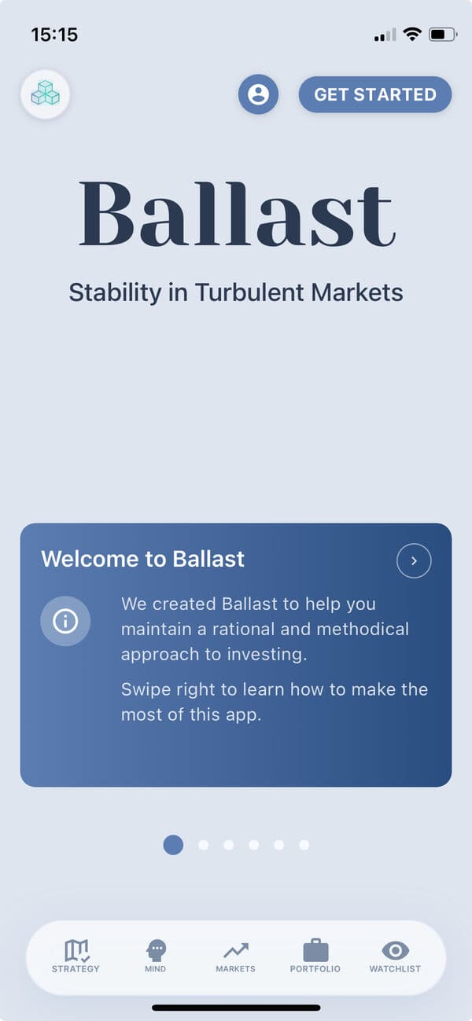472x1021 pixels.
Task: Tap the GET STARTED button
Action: [x=374, y=94]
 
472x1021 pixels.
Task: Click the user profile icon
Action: [x=258, y=94]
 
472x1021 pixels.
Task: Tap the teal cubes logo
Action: [x=45, y=94]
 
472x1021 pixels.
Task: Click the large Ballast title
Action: [x=236, y=214]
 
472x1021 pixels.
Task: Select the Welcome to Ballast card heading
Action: [x=142, y=559]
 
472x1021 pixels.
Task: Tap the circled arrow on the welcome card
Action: [x=414, y=561]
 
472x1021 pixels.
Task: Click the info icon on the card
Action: [x=65, y=621]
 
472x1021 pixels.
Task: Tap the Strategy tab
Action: [x=76, y=957]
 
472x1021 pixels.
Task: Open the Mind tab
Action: [x=156, y=957]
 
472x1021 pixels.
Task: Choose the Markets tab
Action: [x=235, y=957]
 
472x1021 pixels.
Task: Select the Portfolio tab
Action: [x=315, y=957]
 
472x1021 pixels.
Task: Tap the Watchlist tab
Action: [x=395, y=957]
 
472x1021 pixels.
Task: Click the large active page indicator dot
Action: [x=173, y=845]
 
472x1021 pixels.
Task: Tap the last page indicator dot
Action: [x=304, y=845]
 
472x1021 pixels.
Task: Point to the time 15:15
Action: [x=54, y=35]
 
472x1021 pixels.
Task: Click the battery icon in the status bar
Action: [x=442, y=35]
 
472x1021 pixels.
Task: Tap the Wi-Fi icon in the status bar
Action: [x=411, y=35]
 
